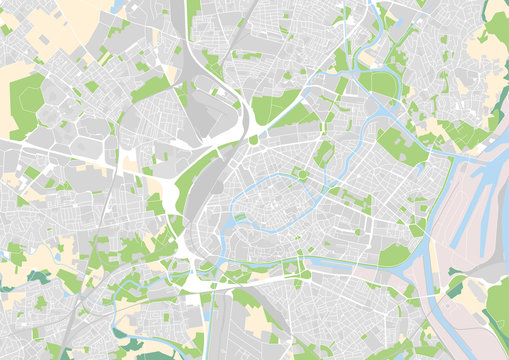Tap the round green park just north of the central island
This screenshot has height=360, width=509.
coord(301,176)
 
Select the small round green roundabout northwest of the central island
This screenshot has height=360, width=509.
coord(253,140)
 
